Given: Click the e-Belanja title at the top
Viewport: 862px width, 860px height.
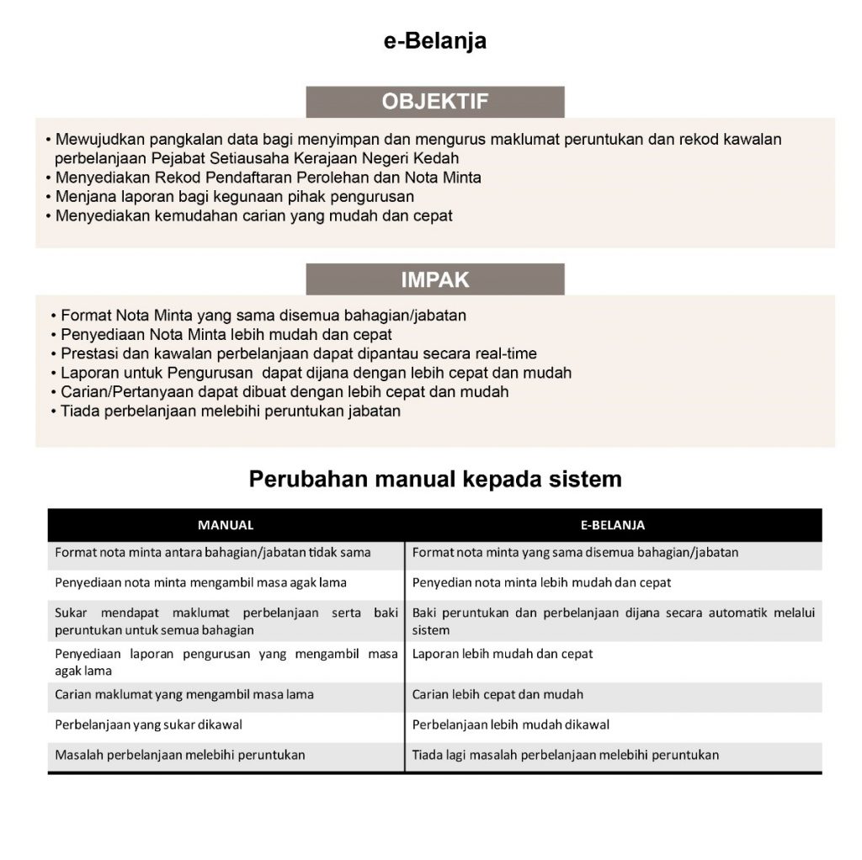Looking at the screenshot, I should pyautogui.click(x=434, y=41).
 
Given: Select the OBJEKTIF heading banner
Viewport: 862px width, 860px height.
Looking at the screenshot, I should pyautogui.click(x=434, y=102).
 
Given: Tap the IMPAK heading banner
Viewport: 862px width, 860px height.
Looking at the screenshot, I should pyautogui.click(x=434, y=279).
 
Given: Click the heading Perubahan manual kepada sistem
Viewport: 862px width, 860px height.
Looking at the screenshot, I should pyautogui.click(x=435, y=480).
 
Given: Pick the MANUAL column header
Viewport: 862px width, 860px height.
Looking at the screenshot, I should pyautogui.click(x=226, y=525).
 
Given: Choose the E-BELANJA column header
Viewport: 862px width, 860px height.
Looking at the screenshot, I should pyautogui.click(x=613, y=525).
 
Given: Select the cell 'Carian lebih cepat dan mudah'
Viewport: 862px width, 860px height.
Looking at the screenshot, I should pyautogui.click(x=498, y=695).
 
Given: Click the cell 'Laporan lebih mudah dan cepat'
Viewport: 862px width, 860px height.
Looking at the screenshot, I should pyautogui.click(x=503, y=654).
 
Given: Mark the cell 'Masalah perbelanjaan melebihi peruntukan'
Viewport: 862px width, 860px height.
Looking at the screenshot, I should pyautogui.click(x=180, y=755).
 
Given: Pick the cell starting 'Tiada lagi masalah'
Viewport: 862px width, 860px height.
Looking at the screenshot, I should pyautogui.click(x=566, y=755).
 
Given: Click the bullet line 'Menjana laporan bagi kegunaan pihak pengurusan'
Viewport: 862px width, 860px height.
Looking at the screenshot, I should pyautogui.click(x=234, y=197).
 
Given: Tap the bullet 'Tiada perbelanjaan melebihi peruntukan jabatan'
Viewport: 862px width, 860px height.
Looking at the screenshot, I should pyautogui.click(x=230, y=411).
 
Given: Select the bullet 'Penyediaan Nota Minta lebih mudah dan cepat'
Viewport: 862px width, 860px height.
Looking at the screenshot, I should pyautogui.click(x=226, y=334).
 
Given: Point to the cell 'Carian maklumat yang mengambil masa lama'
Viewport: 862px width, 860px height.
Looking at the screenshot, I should pyautogui.click(x=184, y=695).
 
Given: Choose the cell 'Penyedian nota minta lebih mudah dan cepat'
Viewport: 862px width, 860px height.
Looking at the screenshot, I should pyautogui.click(x=541, y=582).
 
